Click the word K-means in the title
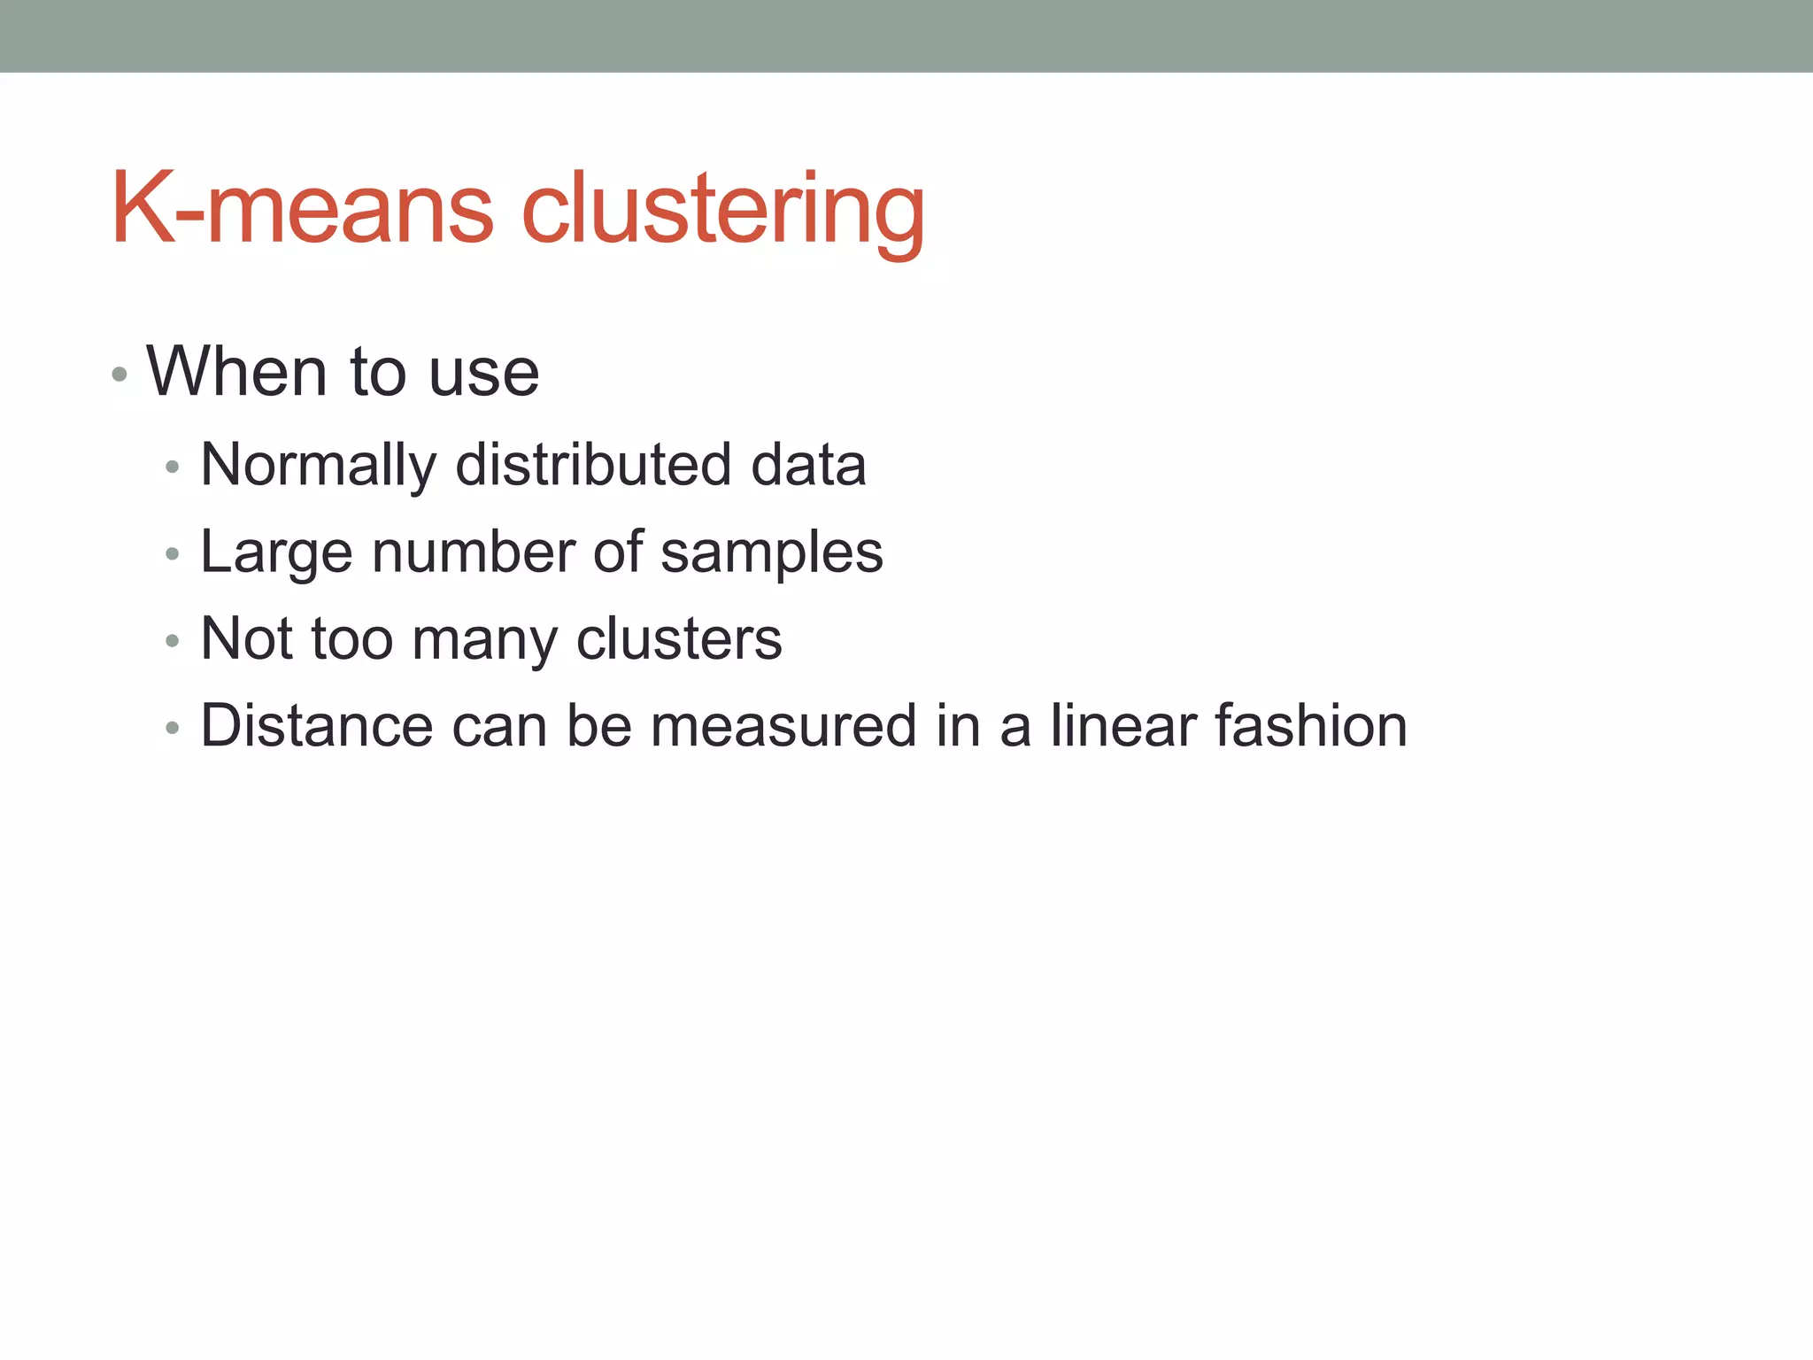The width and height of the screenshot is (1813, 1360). point(302,209)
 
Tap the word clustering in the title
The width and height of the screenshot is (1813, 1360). point(723,211)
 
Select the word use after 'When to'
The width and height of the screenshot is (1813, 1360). point(483,374)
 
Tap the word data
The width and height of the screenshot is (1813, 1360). point(808,465)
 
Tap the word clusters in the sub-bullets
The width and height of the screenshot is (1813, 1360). point(679,638)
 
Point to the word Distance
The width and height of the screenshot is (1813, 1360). point(317,726)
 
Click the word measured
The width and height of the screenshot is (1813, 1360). point(783,726)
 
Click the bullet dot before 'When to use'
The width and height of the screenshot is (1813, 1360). point(120,375)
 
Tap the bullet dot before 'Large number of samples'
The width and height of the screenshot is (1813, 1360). point(173,554)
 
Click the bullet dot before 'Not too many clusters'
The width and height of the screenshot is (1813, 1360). point(173,641)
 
